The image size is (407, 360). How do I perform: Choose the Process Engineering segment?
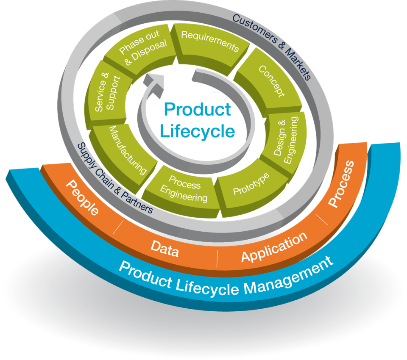[x=183, y=191]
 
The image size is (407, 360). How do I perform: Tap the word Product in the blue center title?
[x=198, y=109]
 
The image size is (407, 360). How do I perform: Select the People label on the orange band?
[x=82, y=198]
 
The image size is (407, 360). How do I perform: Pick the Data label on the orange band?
[x=165, y=249]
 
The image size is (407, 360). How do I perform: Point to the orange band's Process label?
[x=341, y=184]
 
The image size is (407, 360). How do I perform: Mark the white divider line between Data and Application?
[x=217, y=259]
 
